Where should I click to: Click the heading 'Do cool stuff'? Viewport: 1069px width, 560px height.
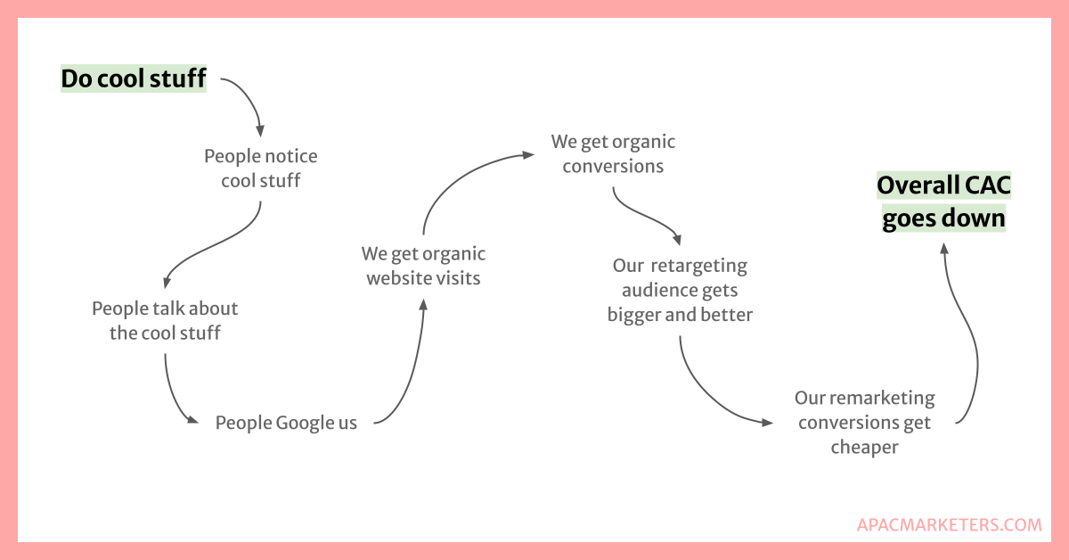click(134, 79)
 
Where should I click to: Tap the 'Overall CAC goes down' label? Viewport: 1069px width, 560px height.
click(944, 202)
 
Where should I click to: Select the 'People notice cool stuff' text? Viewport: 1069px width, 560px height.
click(261, 169)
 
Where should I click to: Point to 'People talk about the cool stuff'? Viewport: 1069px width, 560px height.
click(165, 321)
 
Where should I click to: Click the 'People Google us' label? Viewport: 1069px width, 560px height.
click(286, 423)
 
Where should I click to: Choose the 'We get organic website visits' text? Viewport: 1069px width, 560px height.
click(424, 266)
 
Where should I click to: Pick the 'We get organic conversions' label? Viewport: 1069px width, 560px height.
click(613, 153)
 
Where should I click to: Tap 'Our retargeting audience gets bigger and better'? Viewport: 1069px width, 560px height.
click(680, 290)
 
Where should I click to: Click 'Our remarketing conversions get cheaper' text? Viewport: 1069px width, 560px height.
click(865, 422)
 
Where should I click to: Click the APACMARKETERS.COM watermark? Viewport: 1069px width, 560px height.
click(949, 525)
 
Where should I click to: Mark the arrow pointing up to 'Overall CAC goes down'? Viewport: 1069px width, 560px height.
click(969, 339)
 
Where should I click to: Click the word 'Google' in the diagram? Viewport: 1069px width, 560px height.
click(304, 423)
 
